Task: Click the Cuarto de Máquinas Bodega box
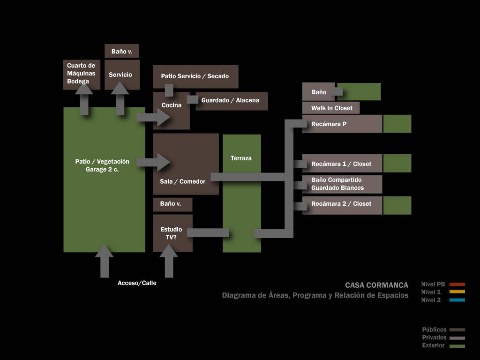(x=82, y=75)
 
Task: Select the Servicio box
(x=122, y=75)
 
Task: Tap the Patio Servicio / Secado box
(x=195, y=76)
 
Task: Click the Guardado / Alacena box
(x=232, y=101)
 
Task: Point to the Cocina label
(x=172, y=105)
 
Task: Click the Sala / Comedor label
(x=182, y=181)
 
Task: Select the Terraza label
(x=241, y=158)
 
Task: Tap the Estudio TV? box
(x=172, y=233)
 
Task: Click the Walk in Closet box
(x=331, y=108)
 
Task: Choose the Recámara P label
(x=329, y=124)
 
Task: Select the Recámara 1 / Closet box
(x=342, y=164)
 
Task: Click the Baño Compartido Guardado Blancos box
(x=342, y=184)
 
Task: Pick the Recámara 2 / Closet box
(x=342, y=205)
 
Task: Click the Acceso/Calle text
(x=137, y=283)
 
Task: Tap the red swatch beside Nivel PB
(x=457, y=285)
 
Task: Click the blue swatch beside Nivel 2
(x=457, y=300)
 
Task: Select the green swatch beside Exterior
(x=457, y=346)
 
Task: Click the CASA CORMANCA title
(x=376, y=285)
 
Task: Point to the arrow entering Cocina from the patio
(x=153, y=117)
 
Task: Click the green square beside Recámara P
(x=397, y=124)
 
